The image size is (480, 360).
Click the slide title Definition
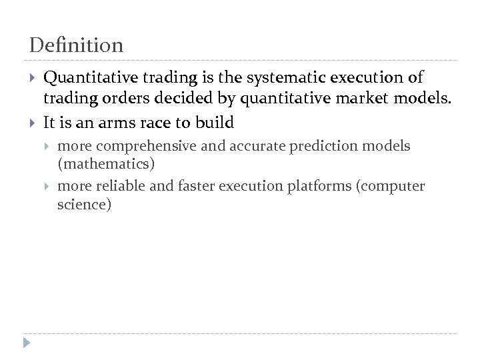(77, 45)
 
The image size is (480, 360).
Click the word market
(361, 100)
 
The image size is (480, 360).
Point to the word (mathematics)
(99, 162)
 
